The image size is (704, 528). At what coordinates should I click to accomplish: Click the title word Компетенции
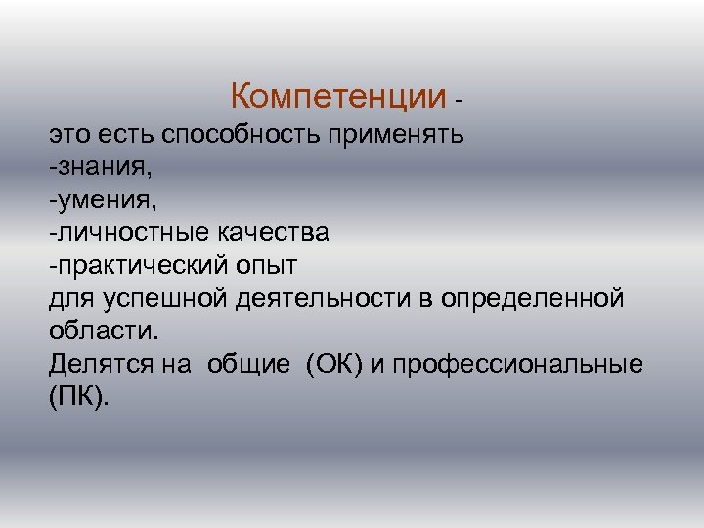338,97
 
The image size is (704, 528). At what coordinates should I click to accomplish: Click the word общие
247,365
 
